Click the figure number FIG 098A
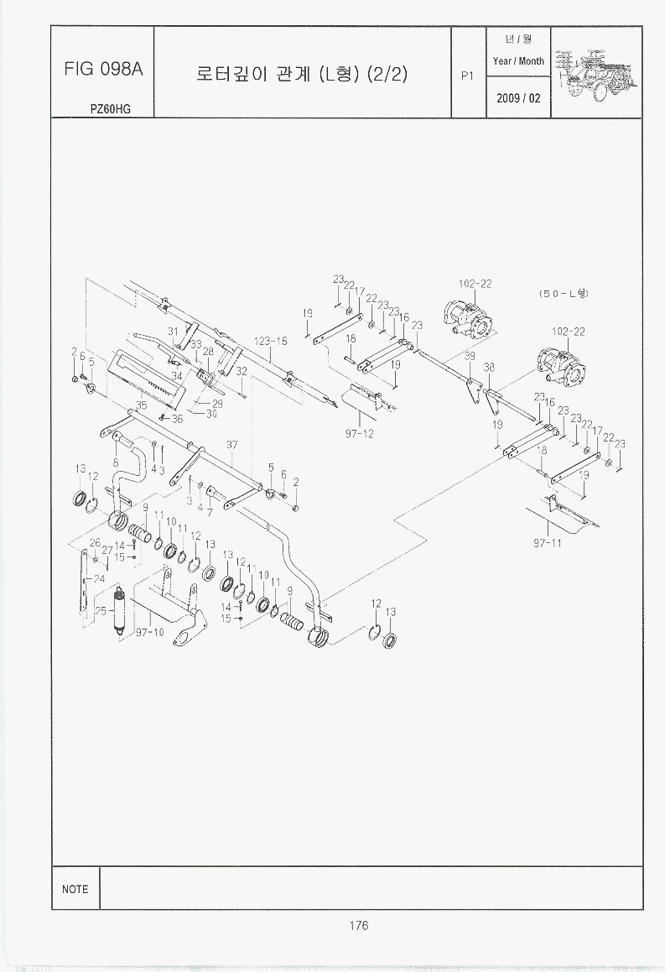point(103,70)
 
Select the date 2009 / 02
point(518,98)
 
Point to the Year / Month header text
point(518,61)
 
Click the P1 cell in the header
point(468,75)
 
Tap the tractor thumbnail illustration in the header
point(599,71)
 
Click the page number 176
point(358,926)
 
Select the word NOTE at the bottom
point(75,889)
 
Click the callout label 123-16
point(271,342)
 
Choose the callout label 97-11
point(547,543)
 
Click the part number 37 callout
point(232,444)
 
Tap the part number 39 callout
point(470,356)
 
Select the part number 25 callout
point(101,611)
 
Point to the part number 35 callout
point(141,405)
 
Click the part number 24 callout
point(99,578)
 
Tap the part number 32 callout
point(241,371)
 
